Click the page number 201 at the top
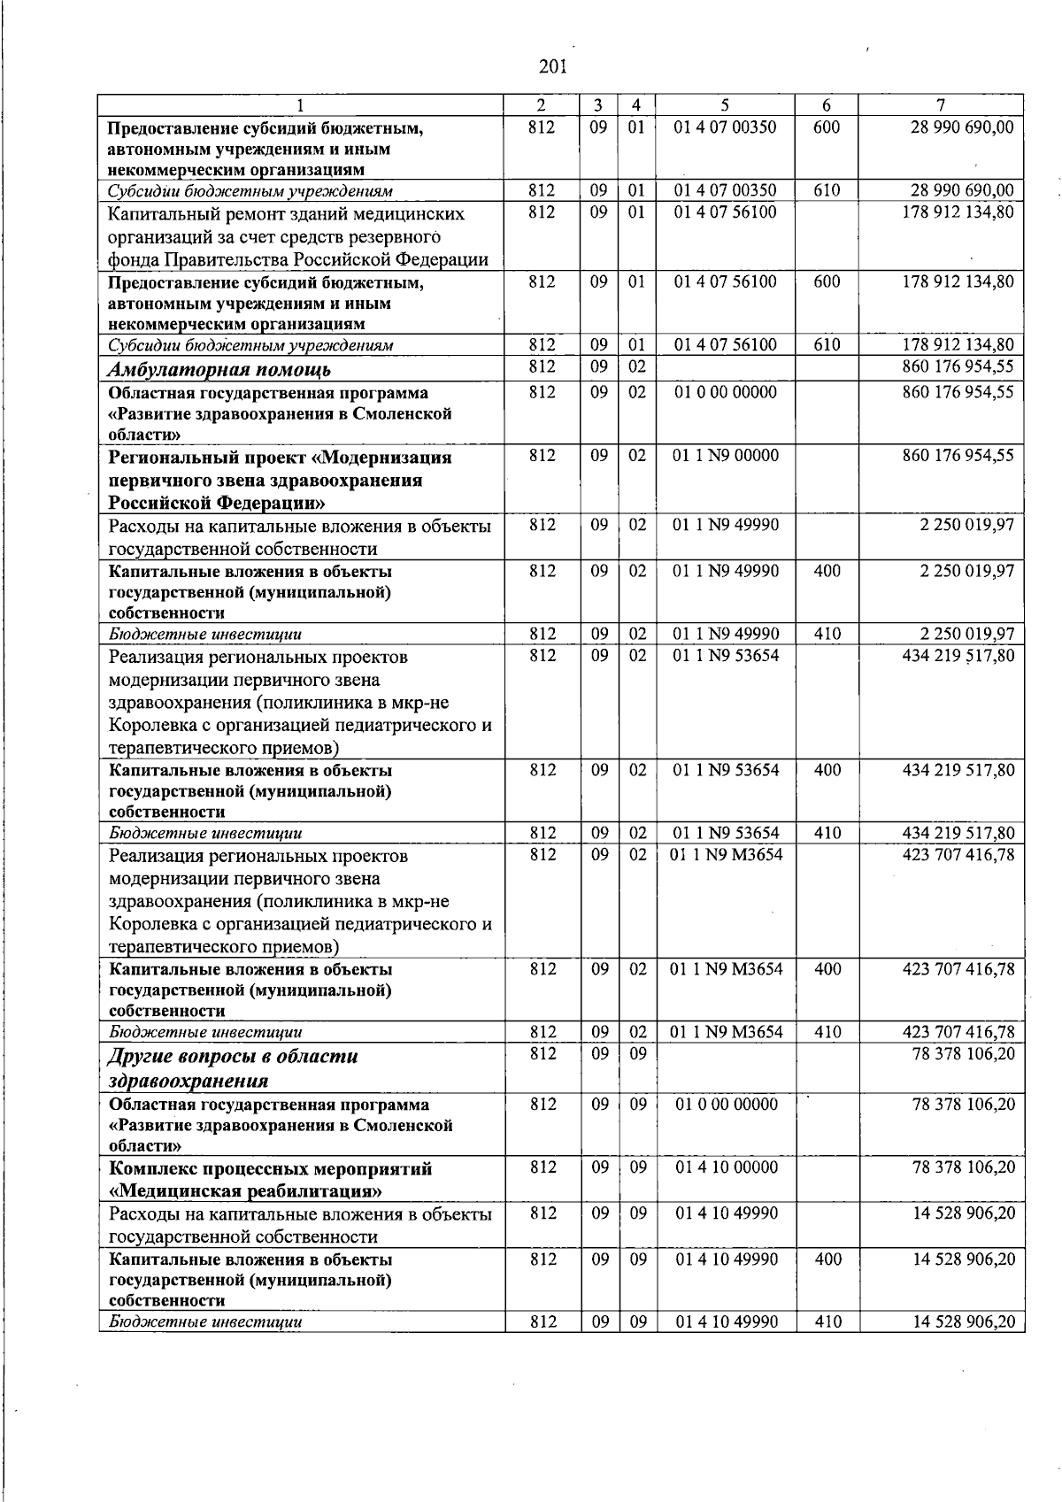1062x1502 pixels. point(551,65)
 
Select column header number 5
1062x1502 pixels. point(725,104)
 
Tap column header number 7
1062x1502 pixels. point(941,104)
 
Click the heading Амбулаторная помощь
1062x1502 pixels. point(219,370)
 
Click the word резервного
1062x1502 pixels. point(396,237)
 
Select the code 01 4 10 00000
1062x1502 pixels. point(727,1167)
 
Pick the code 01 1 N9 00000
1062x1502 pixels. point(727,456)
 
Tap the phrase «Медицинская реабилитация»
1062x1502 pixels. point(246,1190)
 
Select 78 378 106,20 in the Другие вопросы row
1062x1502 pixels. point(964,1054)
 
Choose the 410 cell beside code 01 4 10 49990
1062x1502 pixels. point(827,1322)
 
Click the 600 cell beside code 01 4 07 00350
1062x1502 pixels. point(826,127)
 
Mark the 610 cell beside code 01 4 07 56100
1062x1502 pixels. point(826,345)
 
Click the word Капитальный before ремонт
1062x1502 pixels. point(164,214)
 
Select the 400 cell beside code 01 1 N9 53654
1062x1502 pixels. point(827,770)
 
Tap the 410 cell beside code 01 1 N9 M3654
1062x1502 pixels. point(827,1032)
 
